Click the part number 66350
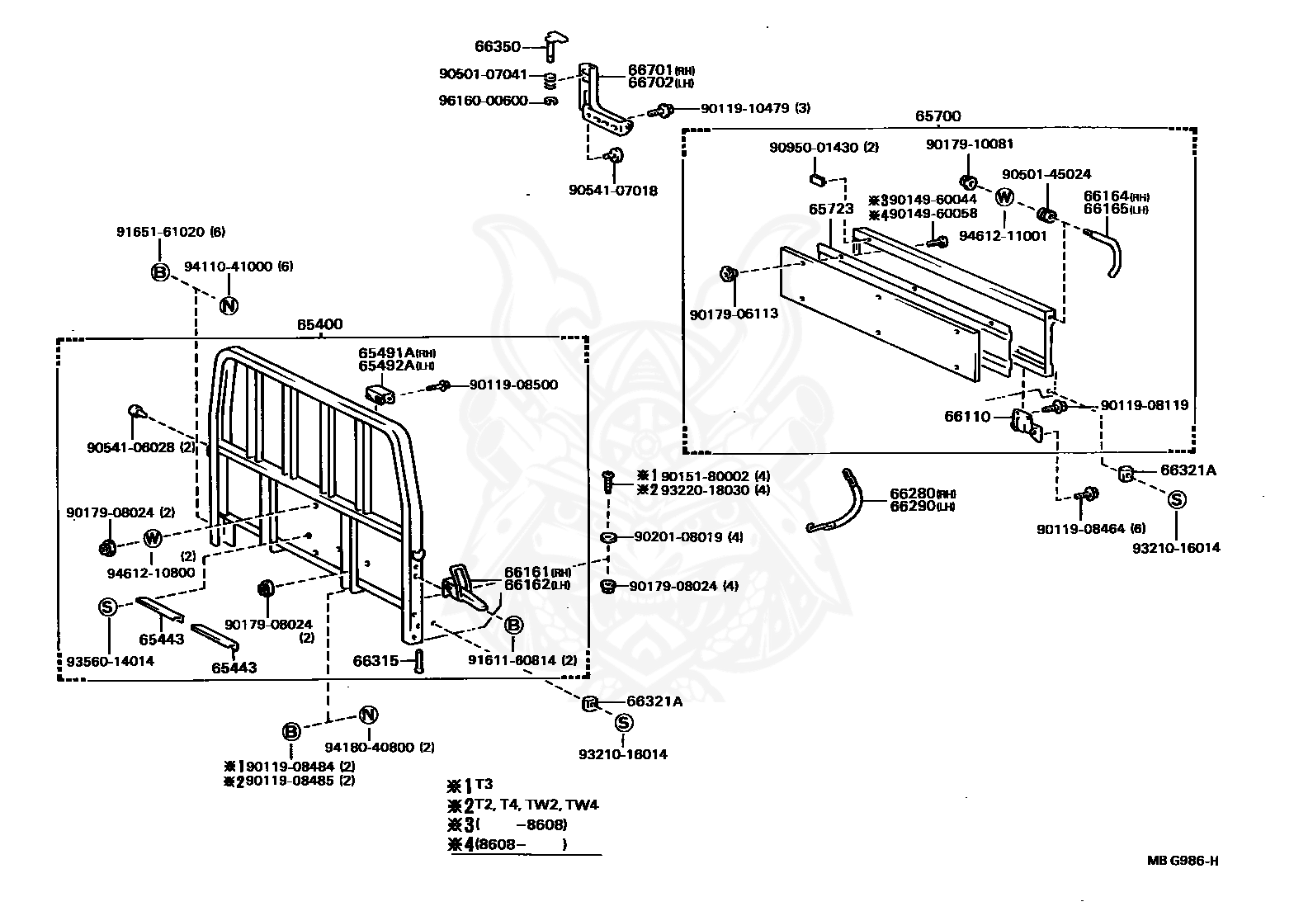pyautogui.click(x=498, y=46)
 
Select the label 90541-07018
pyautogui.click(x=613, y=191)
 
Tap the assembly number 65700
pyautogui.click(x=937, y=116)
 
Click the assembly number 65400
pyautogui.click(x=320, y=324)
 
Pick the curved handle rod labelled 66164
pyautogui.click(x=1106, y=253)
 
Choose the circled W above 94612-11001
pyautogui.click(x=1004, y=197)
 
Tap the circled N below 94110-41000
pyautogui.click(x=229, y=305)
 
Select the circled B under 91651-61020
pyautogui.click(x=160, y=272)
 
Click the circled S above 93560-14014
pyautogui.click(x=107, y=607)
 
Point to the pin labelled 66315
pyautogui.click(x=419, y=660)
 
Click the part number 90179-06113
pyautogui.click(x=734, y=314)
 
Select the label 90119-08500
pyautogui.click(x=513, y=385)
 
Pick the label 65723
pyautogui.click(x=831, y=209)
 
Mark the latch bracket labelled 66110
pyautogui.click(x=1026, y=425)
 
